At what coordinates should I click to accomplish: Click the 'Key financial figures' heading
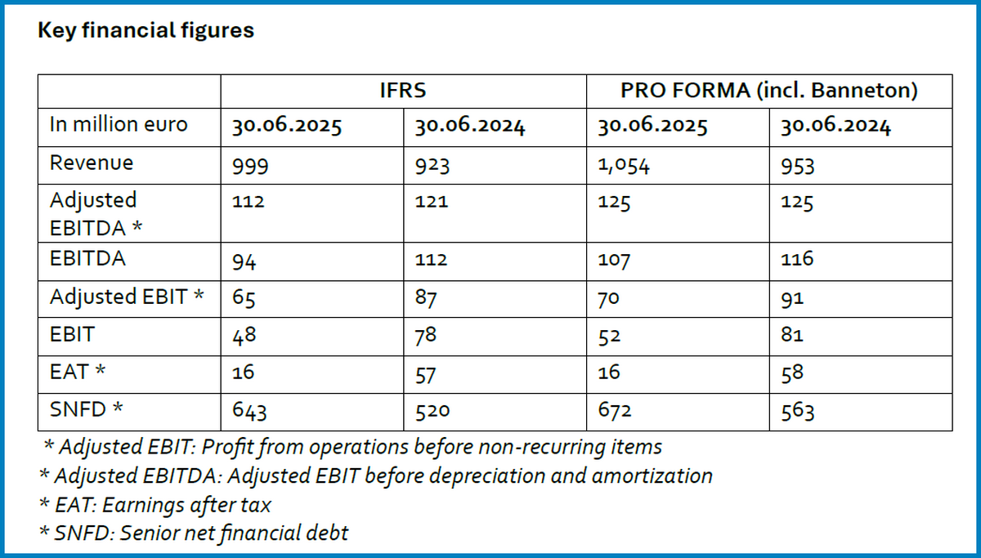pos(146,31)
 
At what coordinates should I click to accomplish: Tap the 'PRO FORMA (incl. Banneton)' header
pos(768,91)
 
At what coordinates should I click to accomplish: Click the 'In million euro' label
pos(119,125)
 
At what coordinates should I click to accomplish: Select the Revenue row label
pos(92,163)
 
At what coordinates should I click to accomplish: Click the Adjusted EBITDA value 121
pos(432,201)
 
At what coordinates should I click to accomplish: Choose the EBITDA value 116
pos(797,261)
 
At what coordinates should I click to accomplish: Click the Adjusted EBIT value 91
pos(792,298)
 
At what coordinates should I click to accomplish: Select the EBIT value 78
pos(427,335)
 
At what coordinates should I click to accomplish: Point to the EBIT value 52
pos(610,335)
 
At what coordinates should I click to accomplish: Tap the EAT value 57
pos(427,373)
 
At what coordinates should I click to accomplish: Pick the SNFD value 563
pos(797,411)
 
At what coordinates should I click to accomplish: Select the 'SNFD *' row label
pos(87,409)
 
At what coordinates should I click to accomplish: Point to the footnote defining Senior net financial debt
pos(194,533)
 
